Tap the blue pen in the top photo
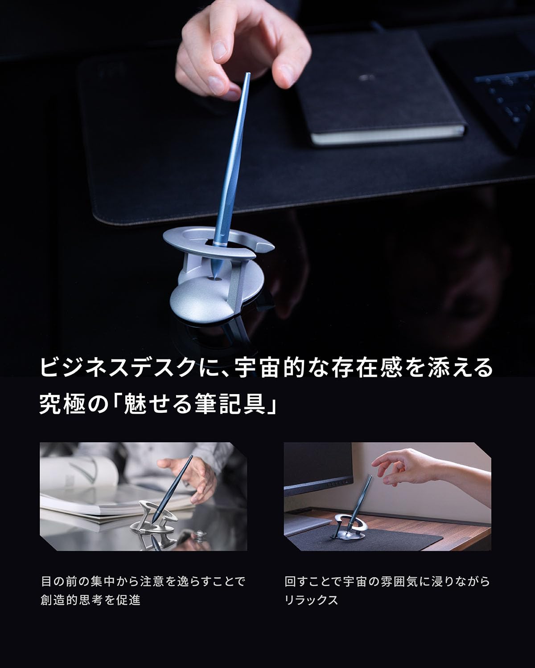(x=234, y=160)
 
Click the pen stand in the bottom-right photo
(x=350, y=523)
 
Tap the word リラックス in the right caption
(x=312, y=600)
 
